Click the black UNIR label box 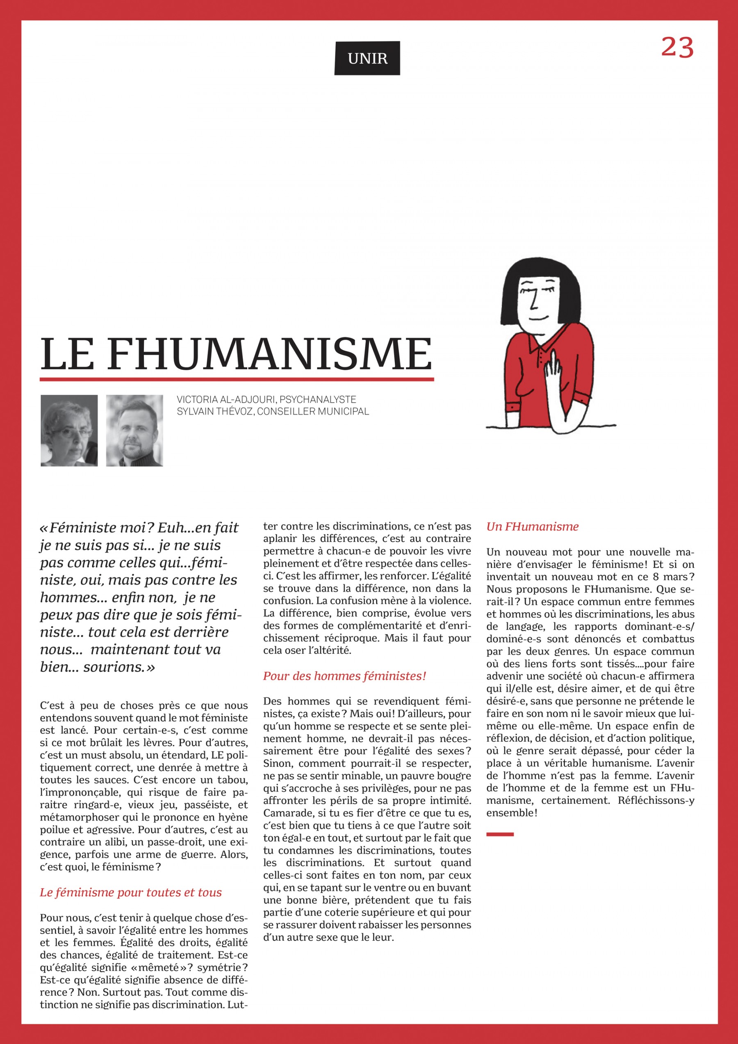coord(367,58)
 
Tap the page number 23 coord(677,47)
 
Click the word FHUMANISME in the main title coord(270,354)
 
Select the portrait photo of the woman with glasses coord(69,430)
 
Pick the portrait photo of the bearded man coord(134,430)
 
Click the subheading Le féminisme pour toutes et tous coord(131,893)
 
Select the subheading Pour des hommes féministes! coord(344,676)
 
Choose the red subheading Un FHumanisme coord(532,527)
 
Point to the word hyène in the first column coord(232,818)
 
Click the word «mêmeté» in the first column coord(159,968)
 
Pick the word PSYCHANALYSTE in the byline coord(317,400)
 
